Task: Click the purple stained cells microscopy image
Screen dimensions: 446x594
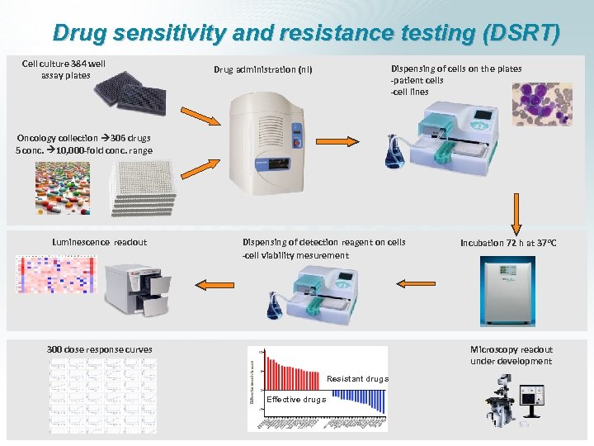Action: pos(541,103)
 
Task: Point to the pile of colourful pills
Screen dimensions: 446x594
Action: pos(62,187)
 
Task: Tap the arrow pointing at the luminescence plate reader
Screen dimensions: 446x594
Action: pos(212,283)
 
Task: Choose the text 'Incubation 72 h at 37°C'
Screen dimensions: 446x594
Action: pos(508,243)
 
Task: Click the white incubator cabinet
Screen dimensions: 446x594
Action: pos(508,292)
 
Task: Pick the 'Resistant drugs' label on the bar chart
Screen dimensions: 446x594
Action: pos(357,379)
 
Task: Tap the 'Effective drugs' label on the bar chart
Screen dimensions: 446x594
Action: pos(295,400)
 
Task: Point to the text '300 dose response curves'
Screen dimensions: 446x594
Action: pos(99,349)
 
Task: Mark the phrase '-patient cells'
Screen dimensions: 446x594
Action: pos(417,80)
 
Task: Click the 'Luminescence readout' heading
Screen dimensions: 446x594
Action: pos(99,242)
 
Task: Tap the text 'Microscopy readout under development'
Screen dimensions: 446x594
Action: pos(511,355)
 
